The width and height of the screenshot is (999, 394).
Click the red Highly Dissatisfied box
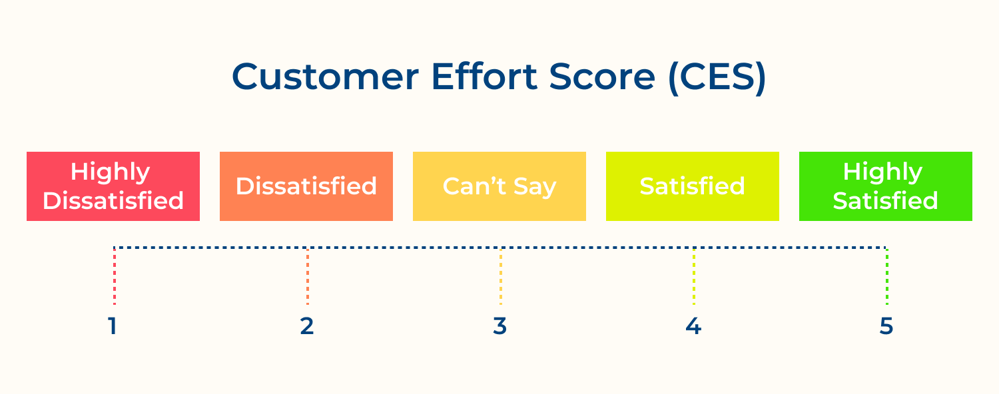(113, 186)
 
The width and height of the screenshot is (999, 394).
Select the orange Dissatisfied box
(306, 186)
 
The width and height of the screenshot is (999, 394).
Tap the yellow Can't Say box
(499, 186)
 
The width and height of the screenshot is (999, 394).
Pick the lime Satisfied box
(693, 186)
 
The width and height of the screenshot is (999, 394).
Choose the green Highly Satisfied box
(886, 186)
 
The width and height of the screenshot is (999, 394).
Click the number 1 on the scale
(113, 326)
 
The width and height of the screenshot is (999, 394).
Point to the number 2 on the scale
(306, 326)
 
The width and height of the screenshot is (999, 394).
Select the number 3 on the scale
(500, 326)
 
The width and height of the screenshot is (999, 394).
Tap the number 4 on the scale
(693, 326)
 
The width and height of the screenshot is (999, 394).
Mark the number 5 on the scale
(886, 326)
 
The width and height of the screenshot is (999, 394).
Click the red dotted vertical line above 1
(115, 276)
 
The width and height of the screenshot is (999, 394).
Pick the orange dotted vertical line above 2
(308, 276)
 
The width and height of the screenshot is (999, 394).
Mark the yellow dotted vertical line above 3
(501, 276)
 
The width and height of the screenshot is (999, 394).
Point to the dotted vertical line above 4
(694, 276)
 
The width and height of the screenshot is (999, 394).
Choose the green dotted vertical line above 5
(887, 276)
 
